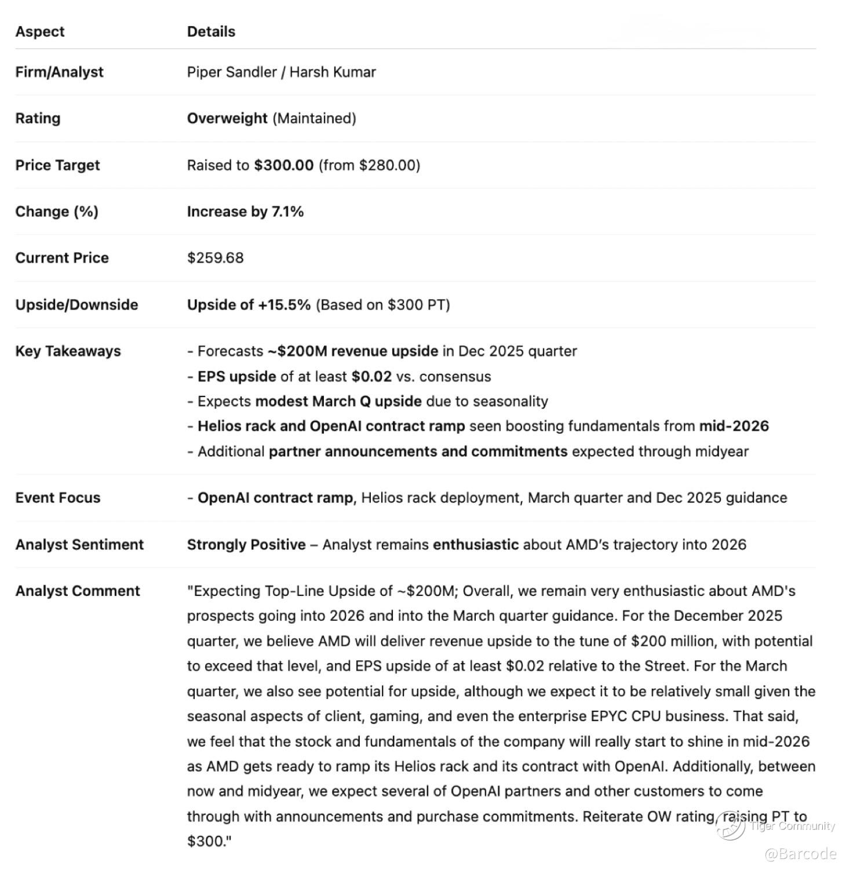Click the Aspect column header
coord(39,31)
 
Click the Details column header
coord(211,31)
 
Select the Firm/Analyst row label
coord(59,72)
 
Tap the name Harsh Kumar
coord(332,72)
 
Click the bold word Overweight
coord(227,118)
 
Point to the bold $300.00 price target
coord(283,165)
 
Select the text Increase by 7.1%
coord(245,212)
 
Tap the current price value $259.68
coord(215,258)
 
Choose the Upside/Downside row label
coord(76,305)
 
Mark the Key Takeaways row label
coord(68,351)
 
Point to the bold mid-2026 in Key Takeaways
coord(734,426)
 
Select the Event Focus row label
coord(57,498)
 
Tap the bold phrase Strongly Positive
coord(246,545)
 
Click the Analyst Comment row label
coord(78,591)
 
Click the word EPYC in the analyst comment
coord(609,716)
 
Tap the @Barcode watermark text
coord(800,854)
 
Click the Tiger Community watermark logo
coord(731,825)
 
